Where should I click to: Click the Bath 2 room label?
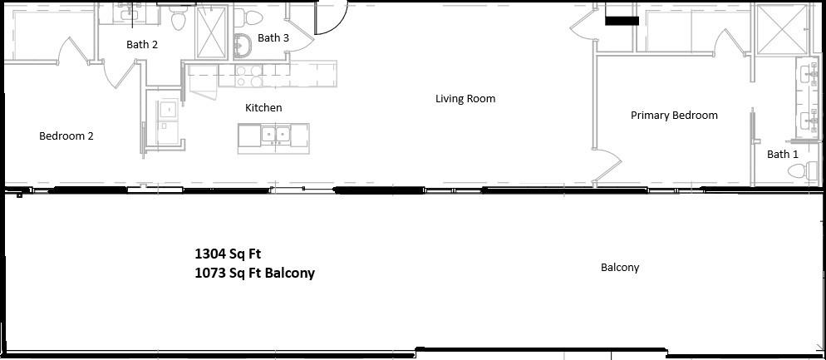[x=142, y=45]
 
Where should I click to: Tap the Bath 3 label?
[x=273, y=38]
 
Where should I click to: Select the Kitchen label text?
[x=263, y=108]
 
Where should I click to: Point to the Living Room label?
[x=465, y=99]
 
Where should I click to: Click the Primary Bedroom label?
[x=674, y=116]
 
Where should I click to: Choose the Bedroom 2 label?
[x=66, y=136]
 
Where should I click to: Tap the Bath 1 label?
[x=782, y=155]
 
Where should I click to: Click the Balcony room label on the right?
[x=620, y=268]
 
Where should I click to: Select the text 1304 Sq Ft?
[x=228, y=254]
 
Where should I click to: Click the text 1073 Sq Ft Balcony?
[x=255, y=273]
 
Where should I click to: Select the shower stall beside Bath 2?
[x=212, y=32]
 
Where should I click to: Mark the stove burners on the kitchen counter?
[x=248, y=76]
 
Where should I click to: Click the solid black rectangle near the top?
[x=622, y=21]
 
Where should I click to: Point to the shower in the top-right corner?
[x=780, y=29]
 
